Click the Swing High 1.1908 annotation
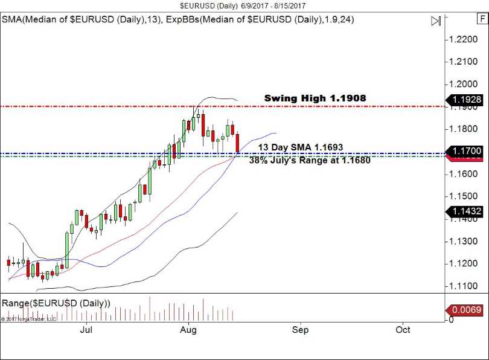315,98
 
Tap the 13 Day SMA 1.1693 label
301,147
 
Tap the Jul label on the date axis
86,330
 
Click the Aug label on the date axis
189,330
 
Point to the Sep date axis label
300,330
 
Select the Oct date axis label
403,330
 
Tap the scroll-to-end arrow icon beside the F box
435,21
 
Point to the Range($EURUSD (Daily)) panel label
56,303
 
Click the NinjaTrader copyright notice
28,319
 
